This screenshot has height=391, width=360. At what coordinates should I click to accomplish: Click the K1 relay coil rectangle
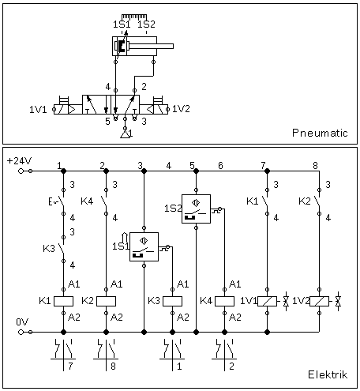coord(63,301)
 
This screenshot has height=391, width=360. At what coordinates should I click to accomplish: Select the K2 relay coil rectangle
coord(106,301)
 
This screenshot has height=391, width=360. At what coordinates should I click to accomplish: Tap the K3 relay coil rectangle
coord(172,301)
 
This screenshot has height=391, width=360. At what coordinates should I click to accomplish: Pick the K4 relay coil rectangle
coord(224,301)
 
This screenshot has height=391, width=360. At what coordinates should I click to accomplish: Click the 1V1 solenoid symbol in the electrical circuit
coord(267,301)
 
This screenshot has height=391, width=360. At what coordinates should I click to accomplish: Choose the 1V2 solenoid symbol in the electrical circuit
coord(319,301)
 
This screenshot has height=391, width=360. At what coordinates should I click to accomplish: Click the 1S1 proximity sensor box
coord(144,246)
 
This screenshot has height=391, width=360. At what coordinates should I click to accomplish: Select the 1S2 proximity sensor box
coord(196,209)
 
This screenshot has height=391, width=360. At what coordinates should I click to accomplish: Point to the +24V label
coord(19,160)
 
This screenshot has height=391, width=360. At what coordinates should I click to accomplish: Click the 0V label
coord(22,321)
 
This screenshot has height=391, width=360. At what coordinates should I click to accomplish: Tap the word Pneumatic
coord(320,133)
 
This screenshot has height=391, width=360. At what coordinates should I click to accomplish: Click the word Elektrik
coord(328,374)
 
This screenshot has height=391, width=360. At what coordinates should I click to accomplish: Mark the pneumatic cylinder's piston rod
coord(151,47)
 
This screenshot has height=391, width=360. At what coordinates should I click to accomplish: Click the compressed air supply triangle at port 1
coord(126,134)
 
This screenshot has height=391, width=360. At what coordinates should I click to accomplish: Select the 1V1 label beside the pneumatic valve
coord(38,109)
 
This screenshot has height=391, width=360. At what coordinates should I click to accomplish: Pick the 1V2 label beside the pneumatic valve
coord(181,109)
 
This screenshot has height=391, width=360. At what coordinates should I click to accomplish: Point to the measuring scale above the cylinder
coord(134,17)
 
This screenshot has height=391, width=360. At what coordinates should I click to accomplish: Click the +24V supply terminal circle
coord(21,171)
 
